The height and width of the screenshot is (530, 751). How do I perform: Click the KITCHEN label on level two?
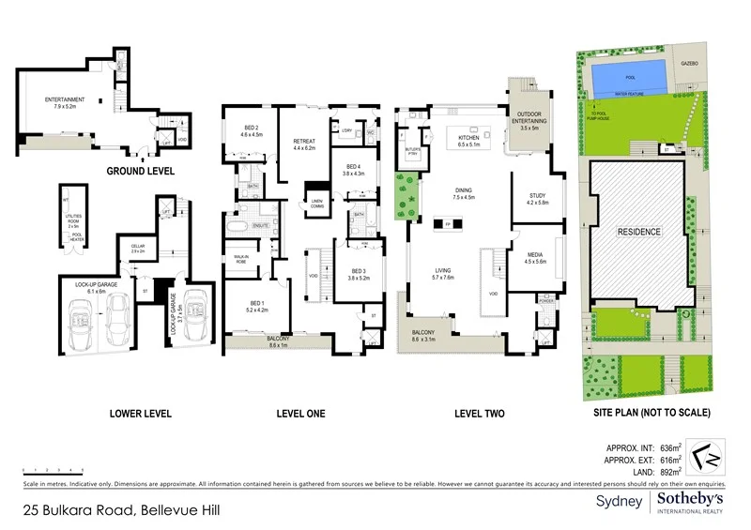pyautogui.click(x=467, y=139)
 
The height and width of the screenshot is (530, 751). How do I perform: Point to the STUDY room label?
pyautogui.click(x=535, y=196)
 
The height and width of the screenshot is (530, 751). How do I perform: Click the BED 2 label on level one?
pyautogui.click(x=251, y=129)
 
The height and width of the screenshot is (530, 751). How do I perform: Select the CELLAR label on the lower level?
pyautogui.click(x=137, y=247)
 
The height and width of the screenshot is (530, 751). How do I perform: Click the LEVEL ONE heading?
pyautogui.click(x=301, y=413)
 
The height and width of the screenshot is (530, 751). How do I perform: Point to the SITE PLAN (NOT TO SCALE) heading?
pyautogui.click(x=651, y=413)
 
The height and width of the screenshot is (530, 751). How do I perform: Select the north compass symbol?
pyautogui.click(x=702, y=460)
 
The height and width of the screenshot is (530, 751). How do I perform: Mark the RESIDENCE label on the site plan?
pyautogui.click(x=638, y=231)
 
